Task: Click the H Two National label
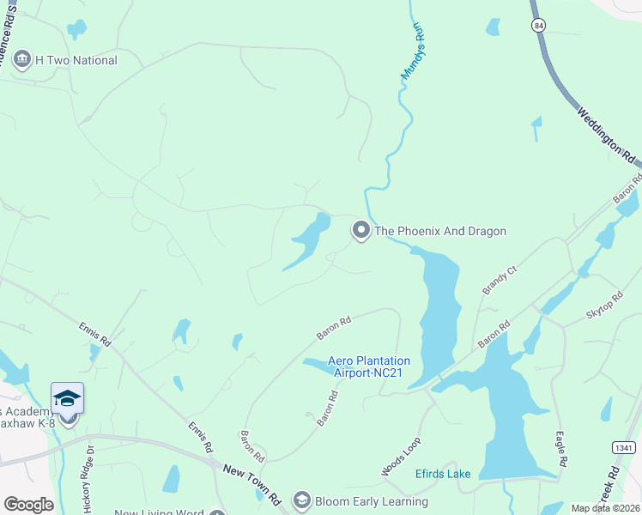coord(76,61)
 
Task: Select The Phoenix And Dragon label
coord(440,231)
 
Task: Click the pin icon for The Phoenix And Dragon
coord(361,231)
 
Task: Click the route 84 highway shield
coord(537,25)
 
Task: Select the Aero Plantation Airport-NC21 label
coord(369,367)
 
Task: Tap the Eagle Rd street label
coord(560,449)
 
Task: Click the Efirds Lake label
coord(443,473)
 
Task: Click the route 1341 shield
coord(624,448)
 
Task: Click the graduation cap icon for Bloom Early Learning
coord(301,500)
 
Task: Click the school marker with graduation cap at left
coord(68,399)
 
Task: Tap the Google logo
coord(28,505)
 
